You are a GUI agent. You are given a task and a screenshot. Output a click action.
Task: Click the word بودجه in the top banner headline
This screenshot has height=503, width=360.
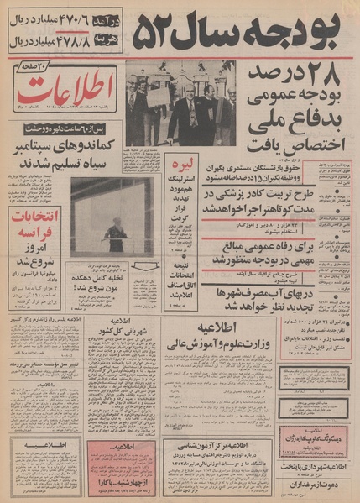(x=299, y=30)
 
